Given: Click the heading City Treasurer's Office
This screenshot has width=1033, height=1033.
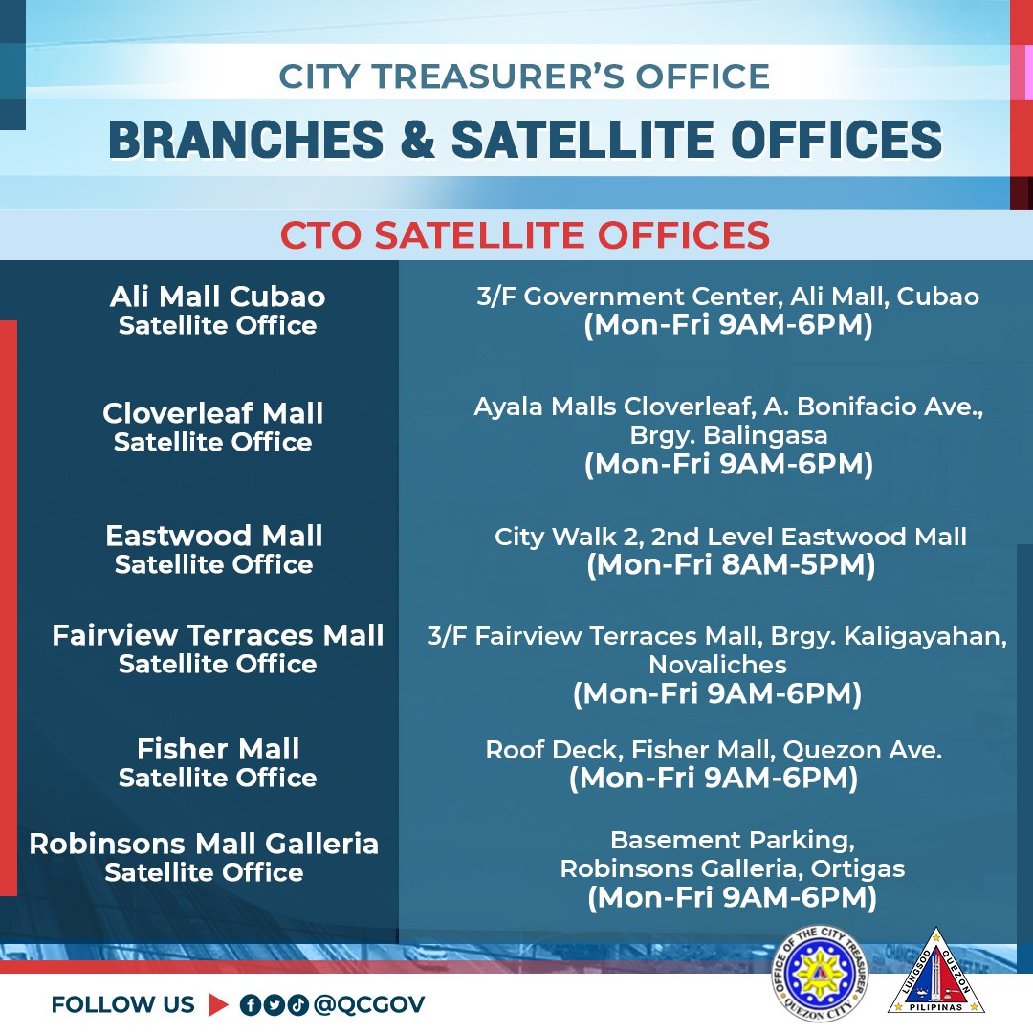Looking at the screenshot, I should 524,77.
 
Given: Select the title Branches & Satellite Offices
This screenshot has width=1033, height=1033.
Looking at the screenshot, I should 524,139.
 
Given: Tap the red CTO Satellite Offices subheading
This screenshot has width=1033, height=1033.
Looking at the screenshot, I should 524,235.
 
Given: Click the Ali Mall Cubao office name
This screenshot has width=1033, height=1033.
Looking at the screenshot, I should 217,297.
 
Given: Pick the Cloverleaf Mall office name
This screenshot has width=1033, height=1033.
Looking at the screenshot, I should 213,414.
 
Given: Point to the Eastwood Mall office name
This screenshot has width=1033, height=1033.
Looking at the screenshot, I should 214,536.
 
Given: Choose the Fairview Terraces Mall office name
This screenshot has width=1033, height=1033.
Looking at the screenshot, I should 218,635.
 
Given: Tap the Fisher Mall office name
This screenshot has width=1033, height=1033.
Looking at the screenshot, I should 218,749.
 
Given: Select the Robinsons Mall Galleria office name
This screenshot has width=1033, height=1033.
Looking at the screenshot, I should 204,845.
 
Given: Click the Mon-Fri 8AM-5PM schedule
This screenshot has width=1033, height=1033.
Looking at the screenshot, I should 731,565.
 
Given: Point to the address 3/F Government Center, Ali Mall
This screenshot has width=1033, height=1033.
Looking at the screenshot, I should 728,297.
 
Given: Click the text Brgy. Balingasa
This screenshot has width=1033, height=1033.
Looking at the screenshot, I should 728,435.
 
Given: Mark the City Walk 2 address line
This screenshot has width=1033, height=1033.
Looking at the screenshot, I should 731,538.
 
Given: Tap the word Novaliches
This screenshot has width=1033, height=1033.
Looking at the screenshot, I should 717,664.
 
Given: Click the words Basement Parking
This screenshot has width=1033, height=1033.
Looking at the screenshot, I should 732,841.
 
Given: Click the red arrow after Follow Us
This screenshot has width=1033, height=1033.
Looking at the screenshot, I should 218,1004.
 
